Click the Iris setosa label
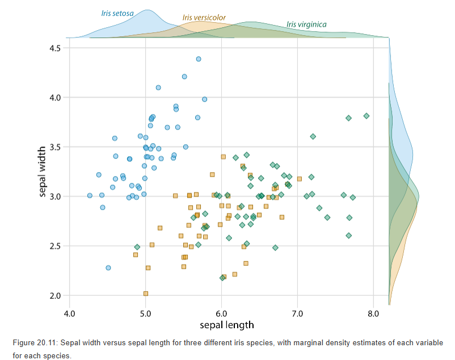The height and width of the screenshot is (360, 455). [117, 12]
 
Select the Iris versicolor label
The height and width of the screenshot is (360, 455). [204, 18]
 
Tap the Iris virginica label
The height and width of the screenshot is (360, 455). [306, 24]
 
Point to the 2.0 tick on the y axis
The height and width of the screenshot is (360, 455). [54, 296]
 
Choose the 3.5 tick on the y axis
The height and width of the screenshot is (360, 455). [54, 147]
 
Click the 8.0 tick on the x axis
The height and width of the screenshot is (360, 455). [373, 313]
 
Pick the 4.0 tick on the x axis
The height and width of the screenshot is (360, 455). [69, 313]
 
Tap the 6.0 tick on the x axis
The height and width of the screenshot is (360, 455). [221, 313]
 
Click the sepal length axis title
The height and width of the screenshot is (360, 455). [226, 325]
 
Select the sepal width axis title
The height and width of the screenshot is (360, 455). [43, 172]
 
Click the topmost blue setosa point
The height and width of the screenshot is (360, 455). [199, 59]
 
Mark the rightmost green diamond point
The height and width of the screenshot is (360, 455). [366, 116]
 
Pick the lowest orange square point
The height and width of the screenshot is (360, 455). [146, 294]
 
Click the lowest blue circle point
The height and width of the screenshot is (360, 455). [108, 268]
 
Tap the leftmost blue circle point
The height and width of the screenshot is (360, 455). [90, 195]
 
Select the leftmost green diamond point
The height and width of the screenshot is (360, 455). [137, 247]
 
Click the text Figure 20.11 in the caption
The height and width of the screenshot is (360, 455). [34, 343]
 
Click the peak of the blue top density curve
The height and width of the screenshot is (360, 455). [147, 10]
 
